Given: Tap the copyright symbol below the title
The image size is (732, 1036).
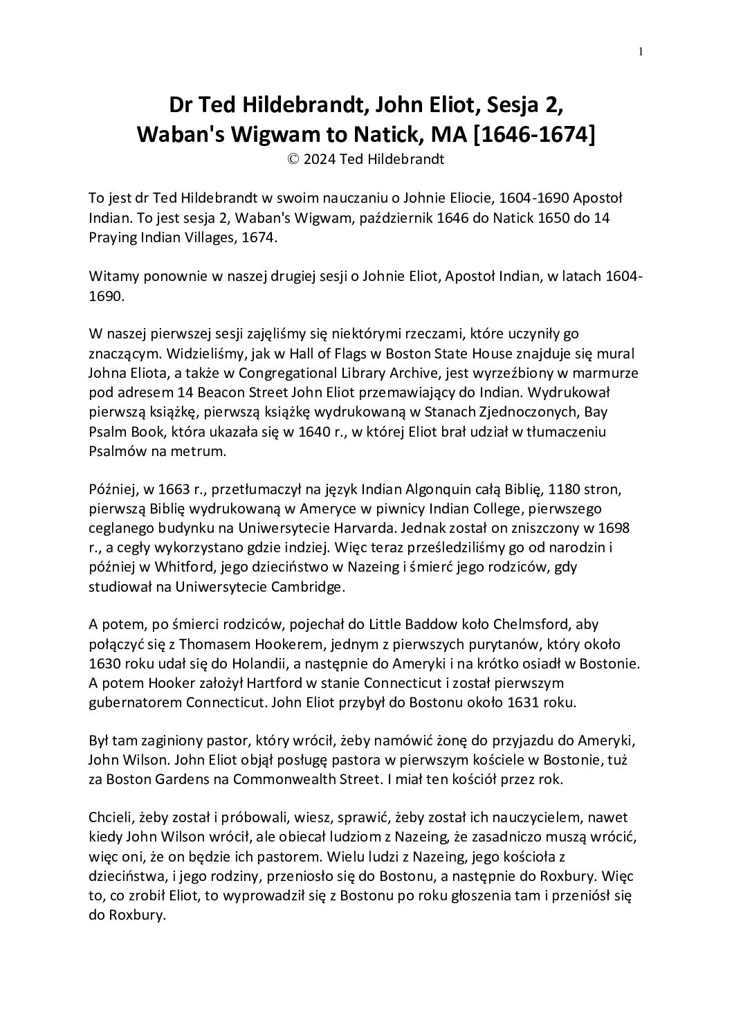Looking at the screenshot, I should point(293,159).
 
